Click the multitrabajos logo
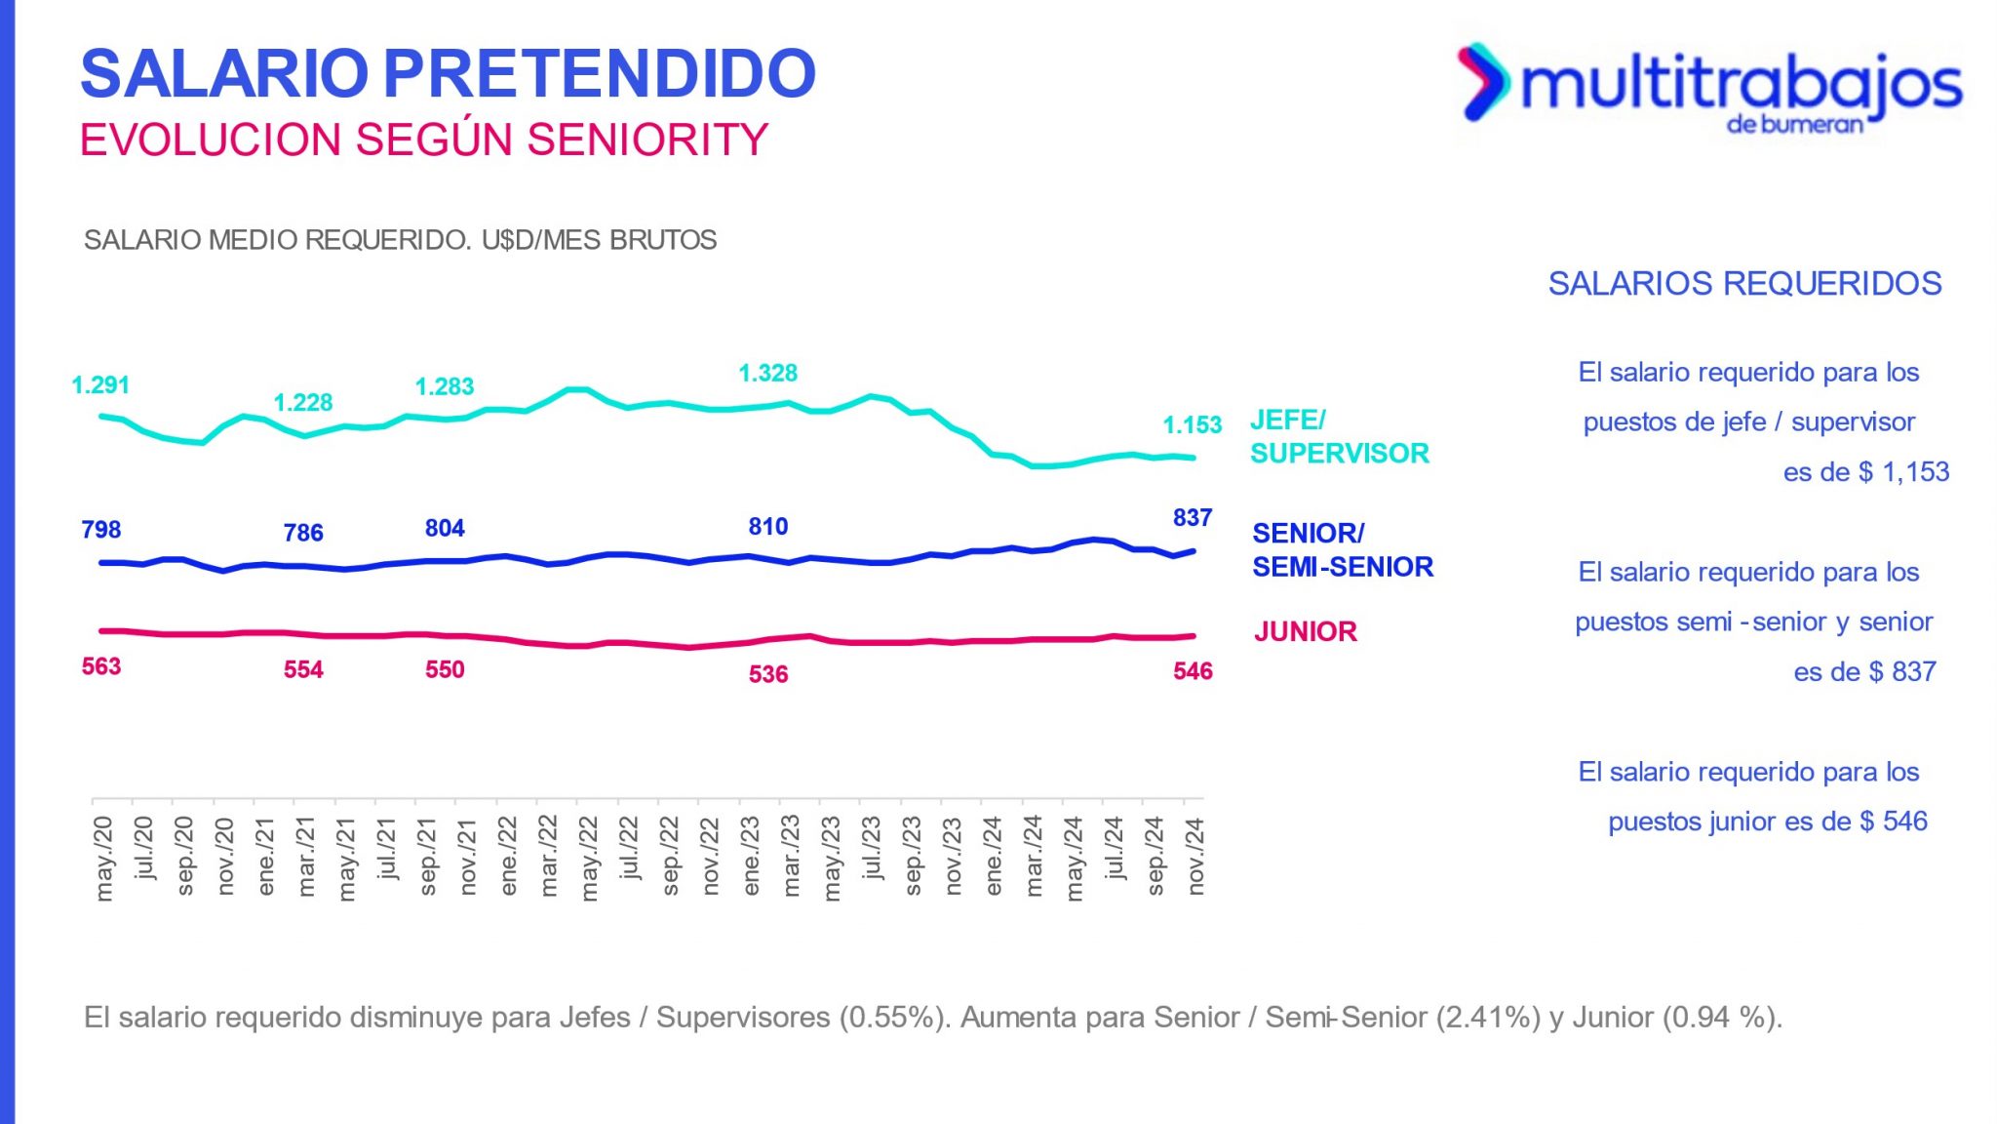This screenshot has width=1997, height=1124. click(1708, 86)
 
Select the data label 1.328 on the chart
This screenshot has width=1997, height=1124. click(767, 373)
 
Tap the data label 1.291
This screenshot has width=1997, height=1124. click(100, 385)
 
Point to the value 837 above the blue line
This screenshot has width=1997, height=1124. click(1192, 518)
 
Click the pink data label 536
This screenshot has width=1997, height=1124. click(767, 674)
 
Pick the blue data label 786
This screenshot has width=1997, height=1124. click(302, 533)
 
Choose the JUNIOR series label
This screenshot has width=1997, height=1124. click(1305, 632)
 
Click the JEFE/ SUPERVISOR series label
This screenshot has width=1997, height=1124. click(1339, 437)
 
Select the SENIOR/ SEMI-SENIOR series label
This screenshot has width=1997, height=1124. click(1342, 550)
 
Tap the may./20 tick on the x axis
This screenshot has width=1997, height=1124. click(103, 859)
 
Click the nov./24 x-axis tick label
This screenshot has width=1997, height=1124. click(1195, 857)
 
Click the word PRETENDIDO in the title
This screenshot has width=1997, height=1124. click(599, 74)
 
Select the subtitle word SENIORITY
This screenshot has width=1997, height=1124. click(647, 140)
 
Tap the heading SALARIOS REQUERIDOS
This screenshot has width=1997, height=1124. click(1744, 284)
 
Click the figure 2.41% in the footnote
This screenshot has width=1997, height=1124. click(1488, 1018)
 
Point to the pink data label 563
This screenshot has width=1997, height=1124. click(100, 667)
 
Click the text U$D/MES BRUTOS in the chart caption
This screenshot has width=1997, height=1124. click(599, 240)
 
